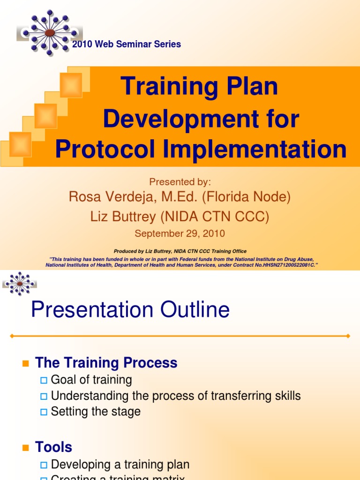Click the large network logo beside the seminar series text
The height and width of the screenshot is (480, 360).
tap(49, 32)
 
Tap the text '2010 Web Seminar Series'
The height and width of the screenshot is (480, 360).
tap(127, 44)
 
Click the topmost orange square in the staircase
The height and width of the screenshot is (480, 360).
tap(71, 85)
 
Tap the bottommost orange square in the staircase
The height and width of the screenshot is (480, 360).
tap(20, 144)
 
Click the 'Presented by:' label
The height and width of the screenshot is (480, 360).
tap(180, 182)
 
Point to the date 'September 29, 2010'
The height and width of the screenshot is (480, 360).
tap(180, 233)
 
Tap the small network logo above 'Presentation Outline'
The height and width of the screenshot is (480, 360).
tap(20, 284)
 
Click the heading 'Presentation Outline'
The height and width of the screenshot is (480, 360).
tap(130, 310)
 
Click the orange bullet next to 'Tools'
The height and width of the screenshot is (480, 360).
tap(26, 448)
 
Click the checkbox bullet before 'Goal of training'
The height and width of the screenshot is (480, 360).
tap(44, 380)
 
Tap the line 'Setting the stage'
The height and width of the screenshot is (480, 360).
tap(96, 412)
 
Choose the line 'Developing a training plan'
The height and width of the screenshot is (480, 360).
tap(120, 465)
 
